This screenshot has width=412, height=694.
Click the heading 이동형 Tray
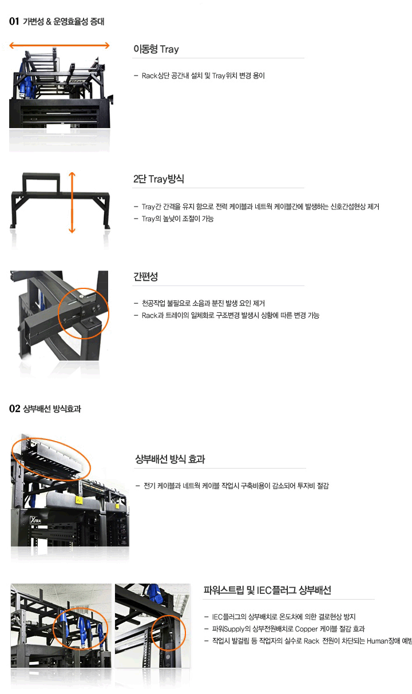tap(156, 49)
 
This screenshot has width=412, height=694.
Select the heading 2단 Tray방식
tap(159, 179)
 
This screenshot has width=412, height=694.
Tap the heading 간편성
tap(145, 276)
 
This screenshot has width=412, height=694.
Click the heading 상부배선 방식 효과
tap(170, 459)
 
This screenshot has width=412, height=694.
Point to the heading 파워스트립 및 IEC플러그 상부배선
tap(267, 590)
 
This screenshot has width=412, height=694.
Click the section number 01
tap(14, 21)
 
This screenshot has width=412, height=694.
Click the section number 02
tap(14, 409)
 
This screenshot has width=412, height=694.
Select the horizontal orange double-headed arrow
tap(60, 46)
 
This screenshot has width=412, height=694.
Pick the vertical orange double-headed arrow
tap(72, 203)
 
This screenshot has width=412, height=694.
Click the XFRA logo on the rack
tap(35, 519)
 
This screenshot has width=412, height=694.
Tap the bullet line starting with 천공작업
tap(200, 303)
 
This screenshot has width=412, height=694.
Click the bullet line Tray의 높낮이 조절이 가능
tap(174, 219)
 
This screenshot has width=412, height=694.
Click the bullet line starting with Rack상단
tap(200, 76)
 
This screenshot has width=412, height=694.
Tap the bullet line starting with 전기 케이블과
tap(232, 486)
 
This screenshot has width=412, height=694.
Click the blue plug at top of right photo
tap(154, 593)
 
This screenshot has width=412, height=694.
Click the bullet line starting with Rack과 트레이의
tap(227, 315)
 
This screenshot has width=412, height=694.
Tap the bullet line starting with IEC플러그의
tap(280, 617)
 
